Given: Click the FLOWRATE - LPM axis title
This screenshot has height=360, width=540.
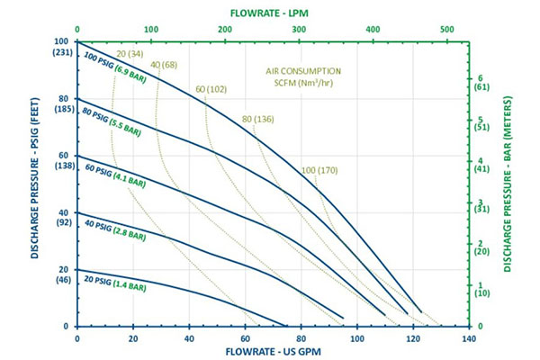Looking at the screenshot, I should click(272, 11).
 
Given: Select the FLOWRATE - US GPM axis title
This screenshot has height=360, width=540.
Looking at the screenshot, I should click(272, 351).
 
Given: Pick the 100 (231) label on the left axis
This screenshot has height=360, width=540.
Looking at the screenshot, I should click(61, 47).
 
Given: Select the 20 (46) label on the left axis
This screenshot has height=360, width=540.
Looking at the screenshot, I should click(61, 274).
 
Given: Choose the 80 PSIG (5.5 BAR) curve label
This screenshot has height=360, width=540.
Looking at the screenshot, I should click(111, 122).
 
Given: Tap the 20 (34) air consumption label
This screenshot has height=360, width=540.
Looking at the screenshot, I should click(129, 53).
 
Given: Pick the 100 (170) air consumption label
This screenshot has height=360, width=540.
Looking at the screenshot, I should click(320, 169).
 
